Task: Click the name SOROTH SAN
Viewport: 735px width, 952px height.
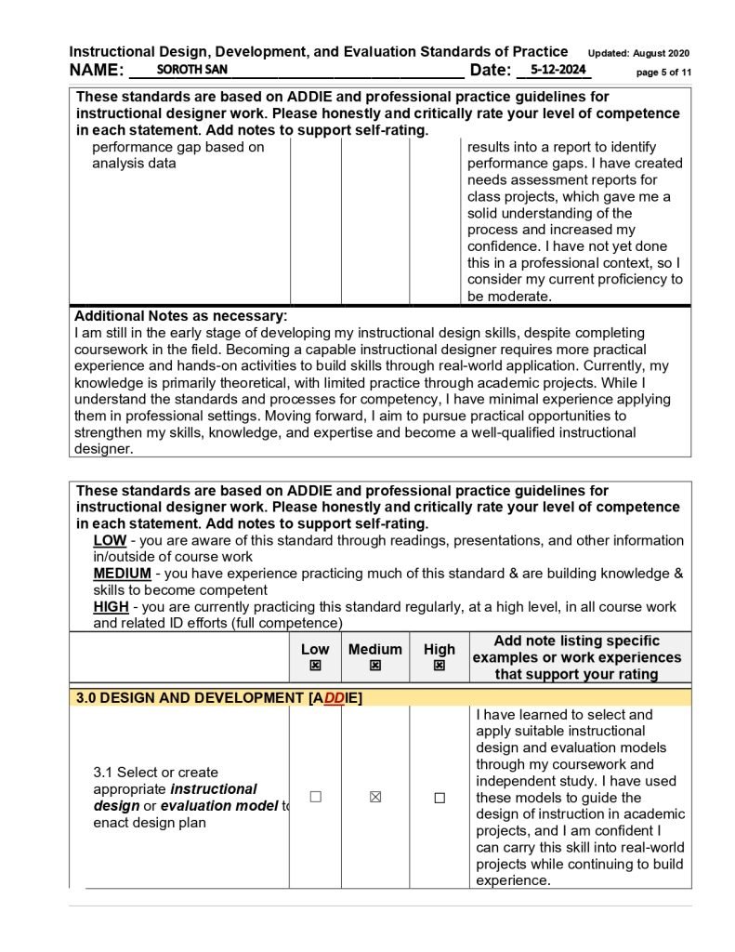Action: [x=192, y=70]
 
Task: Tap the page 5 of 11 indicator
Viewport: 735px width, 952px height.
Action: [x=663, y=73]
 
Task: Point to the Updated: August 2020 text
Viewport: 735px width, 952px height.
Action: [x=638, y=53]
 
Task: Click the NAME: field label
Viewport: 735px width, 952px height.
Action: [x=97, y=71]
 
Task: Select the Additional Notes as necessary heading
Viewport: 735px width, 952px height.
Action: [x=180, y=316]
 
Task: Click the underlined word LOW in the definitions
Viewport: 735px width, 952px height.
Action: [x=111, y=541]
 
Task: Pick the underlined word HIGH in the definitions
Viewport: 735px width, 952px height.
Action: [x=112, y=607]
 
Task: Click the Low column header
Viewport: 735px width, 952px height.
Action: [x=315, y=650]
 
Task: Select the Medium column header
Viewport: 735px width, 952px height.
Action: [x=375, y=650]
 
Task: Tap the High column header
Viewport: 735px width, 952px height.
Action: [x=440, y=650]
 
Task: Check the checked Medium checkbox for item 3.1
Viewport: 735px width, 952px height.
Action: [x=375, y=798]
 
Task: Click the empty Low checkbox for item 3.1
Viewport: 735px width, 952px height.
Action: [x=315, y=798]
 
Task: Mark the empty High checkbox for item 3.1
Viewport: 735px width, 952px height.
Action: [x=440, y=798]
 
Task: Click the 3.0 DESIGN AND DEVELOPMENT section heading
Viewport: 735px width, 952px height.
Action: [x=190, y=698]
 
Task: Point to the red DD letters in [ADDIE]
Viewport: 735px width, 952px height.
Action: [x=335, y=698]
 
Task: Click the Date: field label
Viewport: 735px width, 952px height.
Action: [x=491, y=71]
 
